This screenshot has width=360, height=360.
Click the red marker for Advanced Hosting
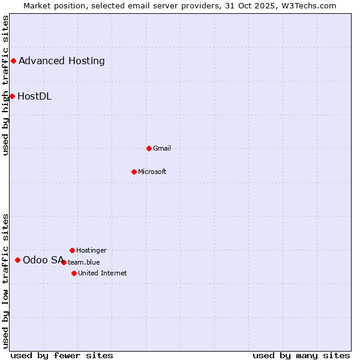tap(13, 61)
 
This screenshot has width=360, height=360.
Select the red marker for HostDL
tap(12, 96)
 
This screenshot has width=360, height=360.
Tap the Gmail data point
tap(149, 148)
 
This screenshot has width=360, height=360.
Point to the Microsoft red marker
tap(134, 172)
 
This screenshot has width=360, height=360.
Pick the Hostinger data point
tap(72, 250)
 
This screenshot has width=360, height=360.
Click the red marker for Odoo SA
tap(17, 260)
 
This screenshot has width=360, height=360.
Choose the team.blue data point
tap(64, 262)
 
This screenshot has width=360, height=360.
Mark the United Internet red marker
tap(74, 273)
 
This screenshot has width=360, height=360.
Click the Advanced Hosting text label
tap(62, 61)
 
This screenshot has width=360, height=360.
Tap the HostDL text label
tap(35, 96)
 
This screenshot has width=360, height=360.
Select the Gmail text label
tap(162, 148)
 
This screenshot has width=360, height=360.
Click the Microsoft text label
tap(152, 172)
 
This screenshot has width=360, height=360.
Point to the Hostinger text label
tap(91, 250)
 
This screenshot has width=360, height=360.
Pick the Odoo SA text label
tap(43, 260)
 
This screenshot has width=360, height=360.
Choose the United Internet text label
tap(103, 273)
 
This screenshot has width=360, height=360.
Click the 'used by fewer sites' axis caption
tap(62, 355)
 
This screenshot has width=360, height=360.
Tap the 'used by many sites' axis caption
tap(301, 355)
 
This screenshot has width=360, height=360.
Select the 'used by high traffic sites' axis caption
tap(5, 85)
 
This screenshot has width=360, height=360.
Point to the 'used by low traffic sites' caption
tap(5, 281)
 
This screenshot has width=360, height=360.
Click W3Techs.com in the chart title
tap(310, 5)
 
